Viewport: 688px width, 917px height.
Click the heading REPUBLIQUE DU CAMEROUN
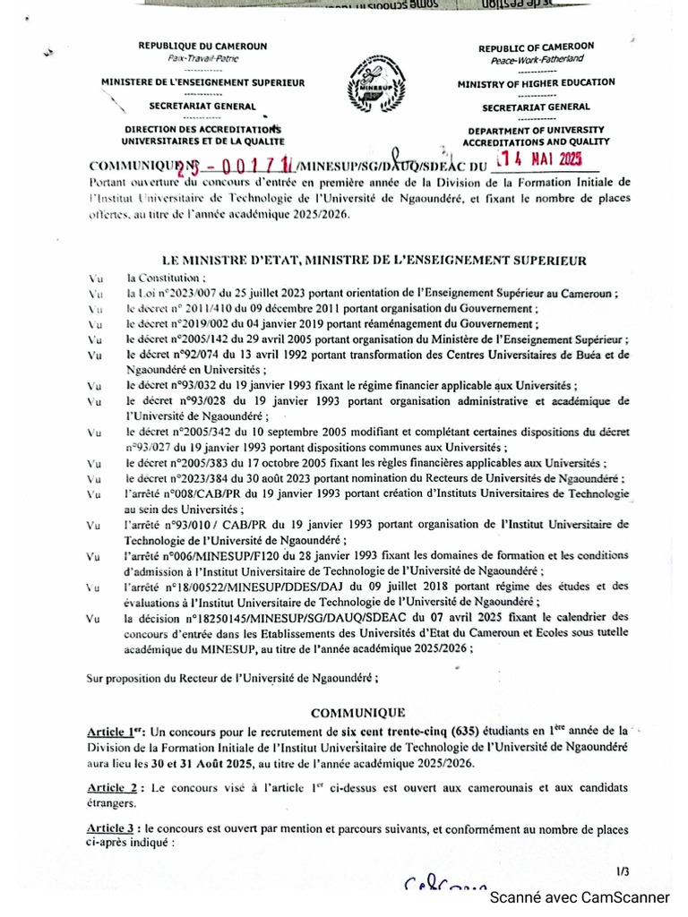point(202,46)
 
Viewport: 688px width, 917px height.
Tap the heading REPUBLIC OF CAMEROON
point(537,47)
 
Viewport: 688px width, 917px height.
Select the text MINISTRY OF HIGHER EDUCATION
point(537,82)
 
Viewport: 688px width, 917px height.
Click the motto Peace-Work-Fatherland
point(537,59)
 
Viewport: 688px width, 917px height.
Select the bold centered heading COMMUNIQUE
point(357,713)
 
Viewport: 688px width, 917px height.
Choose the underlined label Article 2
point(112,787)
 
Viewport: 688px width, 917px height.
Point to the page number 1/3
point(623,871)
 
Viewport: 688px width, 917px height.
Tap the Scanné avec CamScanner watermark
point(579,897)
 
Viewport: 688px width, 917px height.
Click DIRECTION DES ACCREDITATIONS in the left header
point(202,130)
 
